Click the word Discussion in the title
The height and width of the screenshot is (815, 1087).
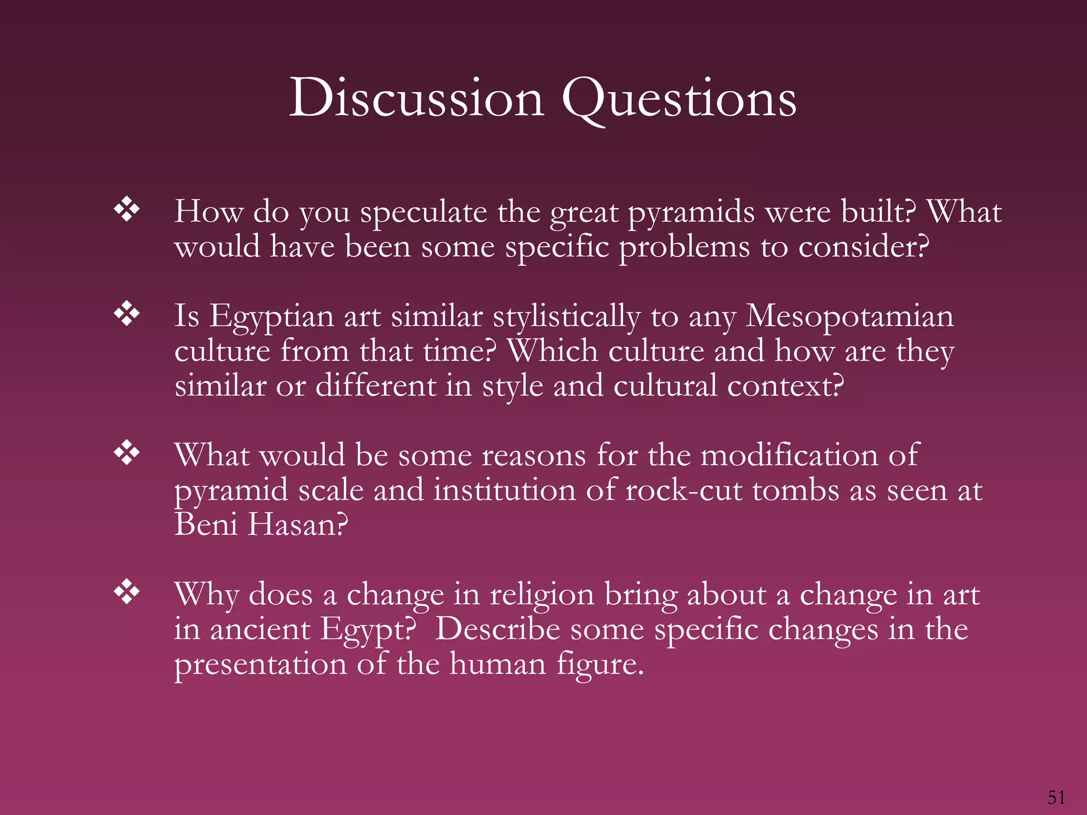point(417,98)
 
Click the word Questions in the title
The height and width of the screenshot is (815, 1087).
point(679,98)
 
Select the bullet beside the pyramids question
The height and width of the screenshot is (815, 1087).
point(127,210)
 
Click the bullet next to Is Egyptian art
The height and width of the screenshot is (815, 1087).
point(127,314)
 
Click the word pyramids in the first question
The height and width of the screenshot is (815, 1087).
point(692,212)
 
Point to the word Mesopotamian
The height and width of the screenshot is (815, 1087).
point(849,316)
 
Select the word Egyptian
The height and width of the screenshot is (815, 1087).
point(271,317)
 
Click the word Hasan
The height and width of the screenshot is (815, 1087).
point(297,525)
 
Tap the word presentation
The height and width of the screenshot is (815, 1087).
point(260,664)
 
